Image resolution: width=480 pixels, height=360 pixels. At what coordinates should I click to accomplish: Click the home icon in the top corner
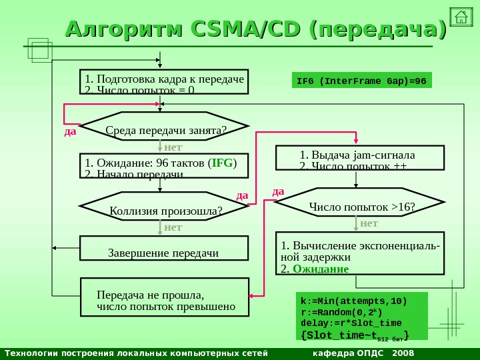click(x=461, y=17)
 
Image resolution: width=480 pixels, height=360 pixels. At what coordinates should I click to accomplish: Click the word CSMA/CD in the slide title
click(x=246, y=30)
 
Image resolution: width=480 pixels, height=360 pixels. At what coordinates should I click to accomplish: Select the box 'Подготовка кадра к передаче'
click(x=164, y=83)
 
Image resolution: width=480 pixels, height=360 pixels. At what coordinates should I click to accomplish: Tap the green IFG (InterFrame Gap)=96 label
click(x=362, y=81)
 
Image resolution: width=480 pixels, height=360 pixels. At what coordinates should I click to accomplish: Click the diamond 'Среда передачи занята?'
click(x=164, y=128)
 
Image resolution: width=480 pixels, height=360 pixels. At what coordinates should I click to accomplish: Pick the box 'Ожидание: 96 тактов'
click(x=164, y=166)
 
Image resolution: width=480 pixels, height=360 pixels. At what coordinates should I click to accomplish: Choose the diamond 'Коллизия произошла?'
click(x=164, y=211)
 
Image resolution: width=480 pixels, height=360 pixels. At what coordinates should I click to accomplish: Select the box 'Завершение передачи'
click(x=164, y=248)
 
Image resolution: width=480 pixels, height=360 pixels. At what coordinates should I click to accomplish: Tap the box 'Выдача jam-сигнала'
click(x=360, y=159)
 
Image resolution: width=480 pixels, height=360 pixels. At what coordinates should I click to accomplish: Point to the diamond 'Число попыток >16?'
click(x=360, y=207)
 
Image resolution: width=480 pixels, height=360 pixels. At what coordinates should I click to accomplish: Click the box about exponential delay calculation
click(x=360, y=253)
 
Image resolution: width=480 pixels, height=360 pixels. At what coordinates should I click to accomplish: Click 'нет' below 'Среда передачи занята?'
click(x=173, y=146)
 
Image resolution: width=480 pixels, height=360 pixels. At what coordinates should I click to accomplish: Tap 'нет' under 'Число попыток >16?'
click(x=369, y=223)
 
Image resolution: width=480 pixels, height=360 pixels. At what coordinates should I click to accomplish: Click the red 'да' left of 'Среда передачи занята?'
click(x=71, y=131)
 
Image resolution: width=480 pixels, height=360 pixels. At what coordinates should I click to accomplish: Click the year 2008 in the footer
click(x=403, y=353)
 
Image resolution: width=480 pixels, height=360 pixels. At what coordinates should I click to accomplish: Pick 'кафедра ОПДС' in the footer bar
click(x=349, y=353)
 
